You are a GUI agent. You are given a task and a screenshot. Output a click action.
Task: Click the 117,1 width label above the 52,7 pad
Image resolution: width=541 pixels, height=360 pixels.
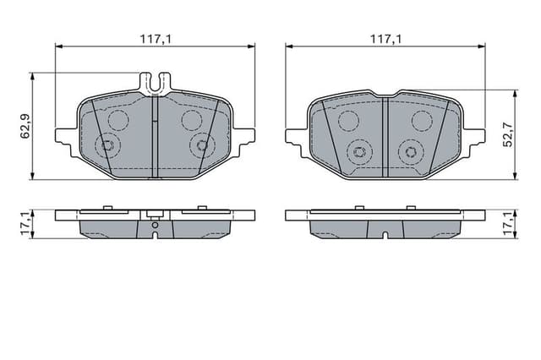tap(385, 38)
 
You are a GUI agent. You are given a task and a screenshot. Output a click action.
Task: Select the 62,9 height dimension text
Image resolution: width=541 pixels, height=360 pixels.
tap(25, 125)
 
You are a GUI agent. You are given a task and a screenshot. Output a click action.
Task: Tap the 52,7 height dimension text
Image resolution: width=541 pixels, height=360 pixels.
tap(507, 134)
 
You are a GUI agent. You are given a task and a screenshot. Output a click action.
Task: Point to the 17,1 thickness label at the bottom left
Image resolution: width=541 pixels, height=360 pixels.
tap(25, 225)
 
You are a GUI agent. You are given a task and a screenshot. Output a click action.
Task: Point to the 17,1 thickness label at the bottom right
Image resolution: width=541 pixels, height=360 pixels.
tap(507, 225)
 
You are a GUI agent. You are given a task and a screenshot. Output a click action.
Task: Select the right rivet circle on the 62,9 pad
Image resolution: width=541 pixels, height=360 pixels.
tap(201, 146)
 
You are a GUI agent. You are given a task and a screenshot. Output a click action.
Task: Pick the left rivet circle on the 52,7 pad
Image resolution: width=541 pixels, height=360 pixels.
tap(359, 152)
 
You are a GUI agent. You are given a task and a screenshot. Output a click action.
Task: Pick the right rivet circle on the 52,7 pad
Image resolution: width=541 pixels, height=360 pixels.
tap(412, 152)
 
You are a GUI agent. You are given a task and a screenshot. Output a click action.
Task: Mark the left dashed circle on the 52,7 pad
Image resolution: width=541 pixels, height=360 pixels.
tap(349, 121)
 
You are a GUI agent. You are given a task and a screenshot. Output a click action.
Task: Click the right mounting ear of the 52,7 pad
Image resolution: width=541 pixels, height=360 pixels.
tap(476, 135)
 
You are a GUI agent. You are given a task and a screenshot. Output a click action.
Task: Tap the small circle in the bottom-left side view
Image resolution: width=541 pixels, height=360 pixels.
tap(155, 226)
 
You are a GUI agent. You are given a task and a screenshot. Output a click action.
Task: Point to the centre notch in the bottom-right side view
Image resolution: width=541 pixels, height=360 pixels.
tap(385, 233)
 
